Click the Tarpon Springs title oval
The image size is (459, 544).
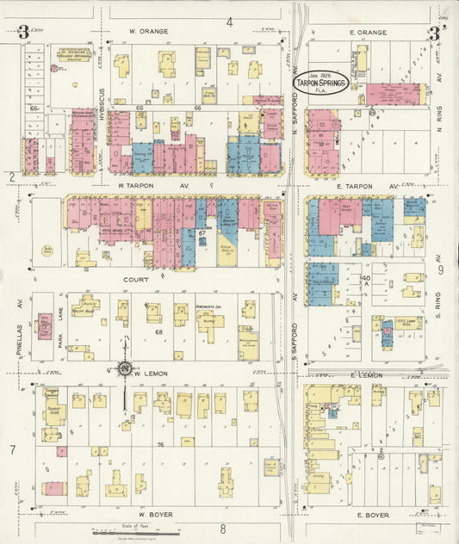319,81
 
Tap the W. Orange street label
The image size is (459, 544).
148,31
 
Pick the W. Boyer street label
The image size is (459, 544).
156,515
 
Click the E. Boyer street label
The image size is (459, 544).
372,515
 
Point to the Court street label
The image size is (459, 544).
136,280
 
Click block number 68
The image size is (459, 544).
158,331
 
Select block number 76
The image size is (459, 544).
160,445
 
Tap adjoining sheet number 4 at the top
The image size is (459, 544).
230,22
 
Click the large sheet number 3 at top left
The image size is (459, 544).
23,34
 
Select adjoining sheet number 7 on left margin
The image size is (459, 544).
12,449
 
